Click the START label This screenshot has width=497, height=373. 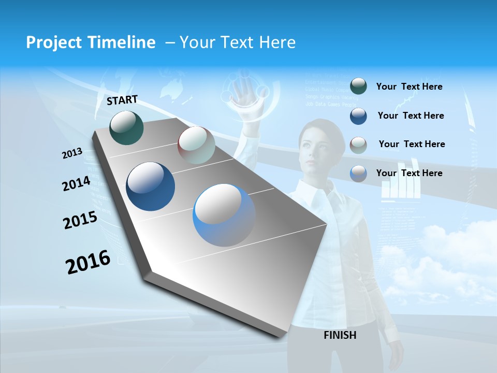point(122,100)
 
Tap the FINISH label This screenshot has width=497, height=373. point(340,335)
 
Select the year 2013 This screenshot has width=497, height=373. point(72,153)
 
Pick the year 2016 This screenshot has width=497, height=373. point(88,262)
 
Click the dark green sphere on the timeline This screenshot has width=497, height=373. point(127,127)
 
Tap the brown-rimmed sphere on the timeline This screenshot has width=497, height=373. point(196,145)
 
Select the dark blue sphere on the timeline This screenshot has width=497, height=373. point(151,187)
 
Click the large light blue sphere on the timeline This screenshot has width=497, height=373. point(224,215)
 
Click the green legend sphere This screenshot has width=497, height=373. point(358,87)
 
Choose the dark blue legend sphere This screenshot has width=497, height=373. point(358,116)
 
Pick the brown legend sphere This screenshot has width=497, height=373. point(358,145)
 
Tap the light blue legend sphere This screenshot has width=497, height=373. point(358,174)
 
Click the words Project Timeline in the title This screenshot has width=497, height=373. point(91,42)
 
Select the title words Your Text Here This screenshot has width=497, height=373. point(238,42)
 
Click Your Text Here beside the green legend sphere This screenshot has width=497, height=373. point(409,87)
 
